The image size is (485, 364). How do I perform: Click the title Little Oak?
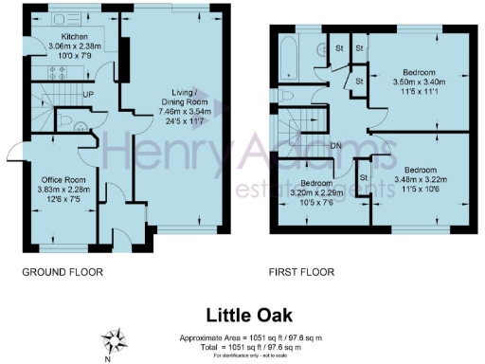(x=242, y=314)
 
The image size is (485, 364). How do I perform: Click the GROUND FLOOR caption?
(x=62, y=272)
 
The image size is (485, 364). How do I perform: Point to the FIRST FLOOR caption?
(x=301, y=272)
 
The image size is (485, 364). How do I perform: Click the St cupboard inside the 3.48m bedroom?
(x=363, y=178)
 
